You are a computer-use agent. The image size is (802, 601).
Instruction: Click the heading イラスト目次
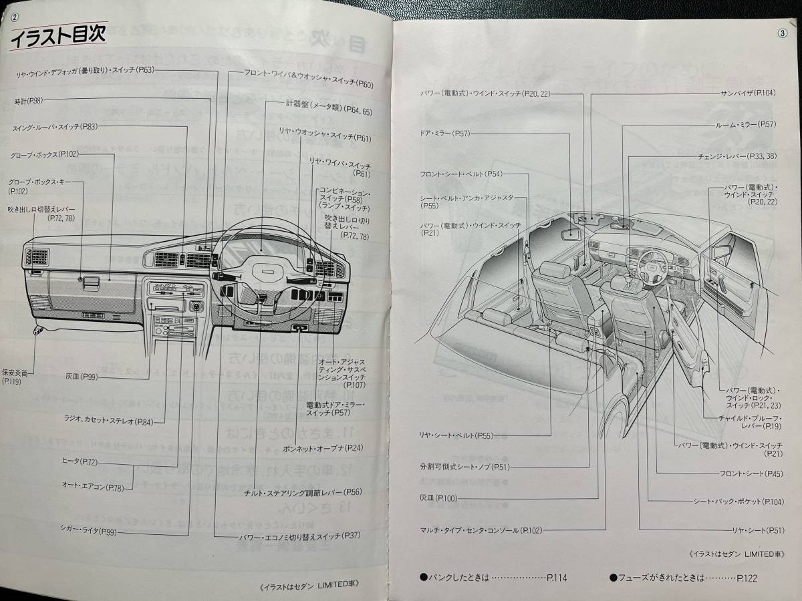[x=58, y=37]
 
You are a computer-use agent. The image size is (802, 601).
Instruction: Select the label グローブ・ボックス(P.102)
[x=44, y=156]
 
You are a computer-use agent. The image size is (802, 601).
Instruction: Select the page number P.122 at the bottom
[x=747, y=578]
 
